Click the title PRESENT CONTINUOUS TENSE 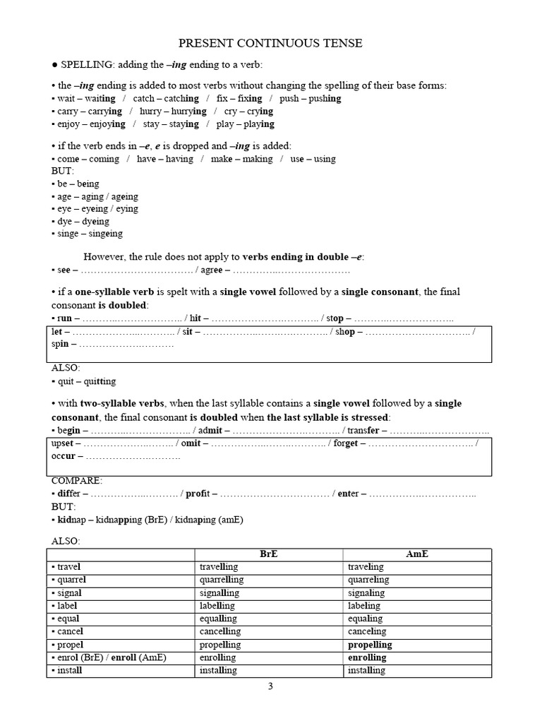click(270, 44)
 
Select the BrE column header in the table click(268, 554)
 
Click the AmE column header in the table click(417, 554)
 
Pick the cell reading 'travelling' click(219, 567)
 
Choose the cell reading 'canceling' click(368, 632)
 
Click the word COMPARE click(77, 481)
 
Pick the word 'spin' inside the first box click(60, 345)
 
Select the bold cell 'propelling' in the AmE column click(369, 645)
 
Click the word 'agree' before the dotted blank click(213, 270)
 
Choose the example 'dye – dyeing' click(84, 221)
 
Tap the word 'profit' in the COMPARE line click(200, 494)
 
